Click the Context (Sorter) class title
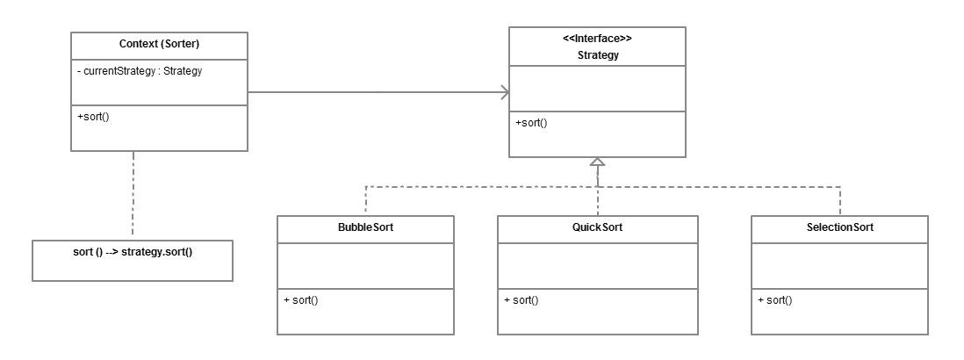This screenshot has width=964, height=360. point(159,45)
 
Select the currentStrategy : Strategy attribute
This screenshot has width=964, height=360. point(140,71)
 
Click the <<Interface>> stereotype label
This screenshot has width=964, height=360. point(597,39)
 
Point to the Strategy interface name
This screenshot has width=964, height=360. point(597,54)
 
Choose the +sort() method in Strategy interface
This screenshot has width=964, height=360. point(531,123)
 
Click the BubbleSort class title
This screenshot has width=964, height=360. point(365,227)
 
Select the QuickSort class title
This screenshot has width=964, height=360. point(597,227)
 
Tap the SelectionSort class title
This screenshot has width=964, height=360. point(839,227)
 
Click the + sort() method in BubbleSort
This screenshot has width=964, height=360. point(301,300)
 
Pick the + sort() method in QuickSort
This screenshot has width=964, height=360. point(522,300)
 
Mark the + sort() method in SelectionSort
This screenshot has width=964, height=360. point(775,300)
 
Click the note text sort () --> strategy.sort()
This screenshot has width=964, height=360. point(133,251)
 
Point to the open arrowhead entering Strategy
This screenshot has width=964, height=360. point(504,92)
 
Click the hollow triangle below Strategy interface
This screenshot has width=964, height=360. point(597,162)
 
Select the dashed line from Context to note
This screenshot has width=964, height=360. point(133,193)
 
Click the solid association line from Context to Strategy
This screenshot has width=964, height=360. point(378,92)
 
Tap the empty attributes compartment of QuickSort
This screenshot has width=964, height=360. point(597,266)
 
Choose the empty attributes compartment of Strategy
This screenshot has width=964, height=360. point(597,88)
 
